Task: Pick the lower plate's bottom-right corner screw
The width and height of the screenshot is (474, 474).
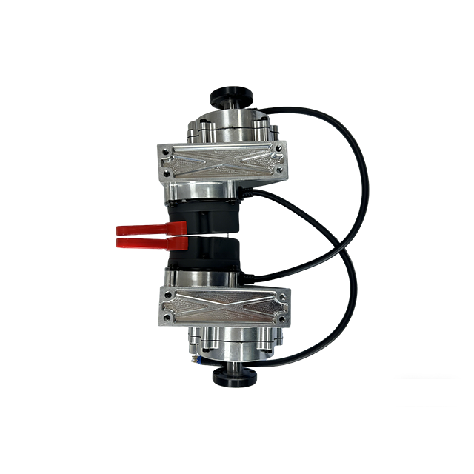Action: point(281,318)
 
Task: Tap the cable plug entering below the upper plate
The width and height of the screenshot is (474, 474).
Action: point(249,194)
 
